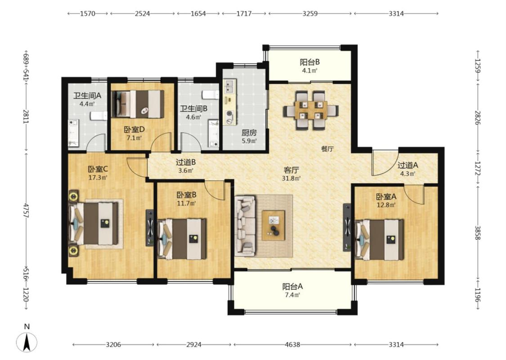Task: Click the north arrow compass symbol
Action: pos(27,342)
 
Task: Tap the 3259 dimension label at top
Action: pos(310,13)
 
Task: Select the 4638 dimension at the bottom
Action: pos(292,345)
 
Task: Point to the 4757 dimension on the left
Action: pos(26,210)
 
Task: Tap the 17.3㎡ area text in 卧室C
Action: pos(98,177)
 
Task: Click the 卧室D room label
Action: pos(134,130)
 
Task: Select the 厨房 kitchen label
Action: pos(249,133)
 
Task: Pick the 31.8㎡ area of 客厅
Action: pos(291,178)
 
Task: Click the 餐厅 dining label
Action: pos(327,149)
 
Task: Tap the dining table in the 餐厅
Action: pos(311,111)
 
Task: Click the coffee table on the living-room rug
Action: pos(273,225)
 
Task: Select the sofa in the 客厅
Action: pos(245,225)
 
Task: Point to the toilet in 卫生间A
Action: pos(99,116)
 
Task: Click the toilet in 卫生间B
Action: pos(210,95)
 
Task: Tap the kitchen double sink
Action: pos(230,86)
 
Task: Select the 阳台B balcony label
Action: pos(309,62)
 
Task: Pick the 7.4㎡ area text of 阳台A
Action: pos(292,295)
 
